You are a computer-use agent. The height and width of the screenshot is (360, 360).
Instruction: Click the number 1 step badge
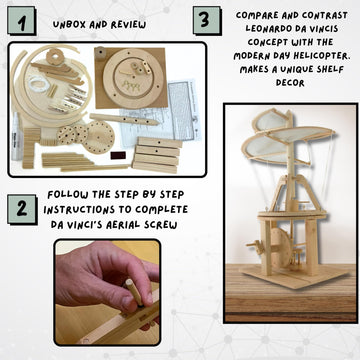point(22,21)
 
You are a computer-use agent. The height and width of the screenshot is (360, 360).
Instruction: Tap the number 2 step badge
point(22,209)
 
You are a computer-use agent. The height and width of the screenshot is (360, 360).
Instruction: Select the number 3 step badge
point(207,21)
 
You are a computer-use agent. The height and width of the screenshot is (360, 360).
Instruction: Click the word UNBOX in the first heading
point(67,25)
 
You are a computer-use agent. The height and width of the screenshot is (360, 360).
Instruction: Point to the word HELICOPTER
point(320,56)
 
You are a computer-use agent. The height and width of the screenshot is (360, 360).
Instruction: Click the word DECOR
point(290,83)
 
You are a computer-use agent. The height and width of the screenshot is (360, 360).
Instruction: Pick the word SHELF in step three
point(328,69)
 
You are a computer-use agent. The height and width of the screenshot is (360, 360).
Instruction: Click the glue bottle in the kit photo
point(16,136)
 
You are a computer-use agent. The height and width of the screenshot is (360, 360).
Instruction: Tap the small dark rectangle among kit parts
point(118,155)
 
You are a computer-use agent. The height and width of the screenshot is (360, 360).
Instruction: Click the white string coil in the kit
point(38,83)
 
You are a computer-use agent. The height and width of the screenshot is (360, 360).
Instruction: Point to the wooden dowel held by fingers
point(134,292)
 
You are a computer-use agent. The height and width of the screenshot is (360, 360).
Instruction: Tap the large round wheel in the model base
point(281,248)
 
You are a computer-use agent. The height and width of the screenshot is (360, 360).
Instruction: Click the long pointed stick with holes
point(124,119)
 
